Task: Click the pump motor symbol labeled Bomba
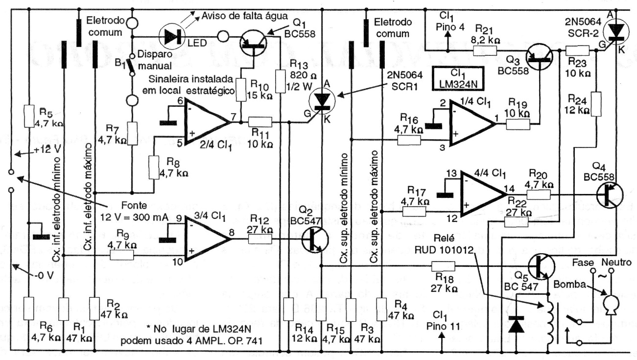(610, 305)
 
